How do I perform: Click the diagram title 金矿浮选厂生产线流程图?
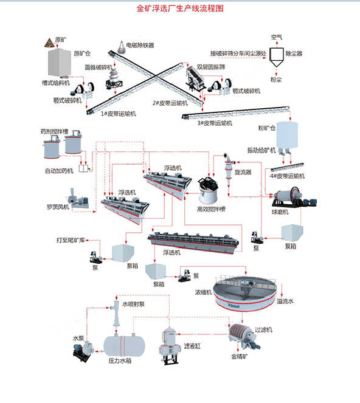point(180,9)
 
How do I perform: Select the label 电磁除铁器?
point(140,46)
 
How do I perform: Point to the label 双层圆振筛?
point(211,67)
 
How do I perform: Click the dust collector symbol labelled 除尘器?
point(277,57)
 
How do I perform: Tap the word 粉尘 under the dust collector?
point(276,80)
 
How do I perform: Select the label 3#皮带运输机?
point(215,123)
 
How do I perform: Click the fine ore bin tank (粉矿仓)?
point(287,136)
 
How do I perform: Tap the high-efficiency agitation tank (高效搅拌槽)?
point(209,190)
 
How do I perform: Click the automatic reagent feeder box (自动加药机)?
point(83,168)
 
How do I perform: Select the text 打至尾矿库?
point(71,240)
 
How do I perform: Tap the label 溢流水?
point(285,301)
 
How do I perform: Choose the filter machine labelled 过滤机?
point(244,336)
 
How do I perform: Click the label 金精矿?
point(240,356)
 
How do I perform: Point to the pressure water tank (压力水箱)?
point(124,345)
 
